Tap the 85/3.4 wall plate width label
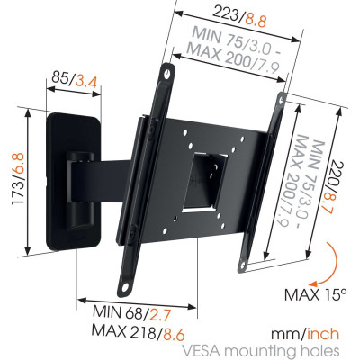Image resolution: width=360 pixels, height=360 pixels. [x=74, y=79]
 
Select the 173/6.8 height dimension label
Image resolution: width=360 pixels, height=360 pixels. [x=19, y=179]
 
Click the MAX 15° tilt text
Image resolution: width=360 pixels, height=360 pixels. [x=316, y=294]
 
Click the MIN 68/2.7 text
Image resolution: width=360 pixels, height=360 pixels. [x=132, y=313]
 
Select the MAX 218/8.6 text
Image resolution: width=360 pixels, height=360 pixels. [x=138, y=332]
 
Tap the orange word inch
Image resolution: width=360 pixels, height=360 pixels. [x=323, y=334]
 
